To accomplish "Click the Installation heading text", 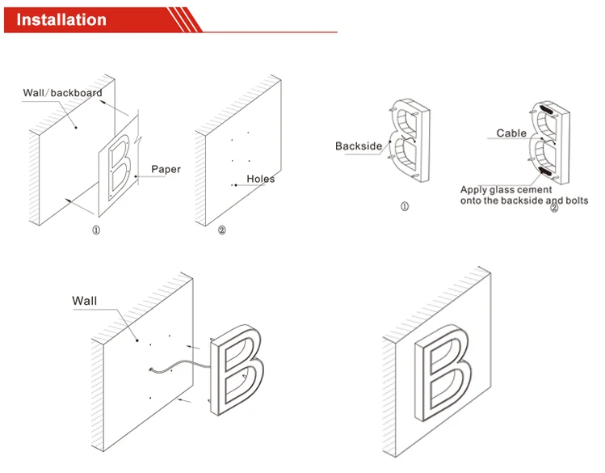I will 62,19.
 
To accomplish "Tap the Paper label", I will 166,170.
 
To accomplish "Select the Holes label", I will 261,178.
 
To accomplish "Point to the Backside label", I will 359,146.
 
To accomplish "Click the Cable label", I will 511,133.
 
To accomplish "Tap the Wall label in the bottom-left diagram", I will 84,301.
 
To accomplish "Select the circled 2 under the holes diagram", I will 222,230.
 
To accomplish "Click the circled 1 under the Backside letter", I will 405,207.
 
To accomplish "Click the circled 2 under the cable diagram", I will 554,209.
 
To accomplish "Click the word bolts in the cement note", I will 574,200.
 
